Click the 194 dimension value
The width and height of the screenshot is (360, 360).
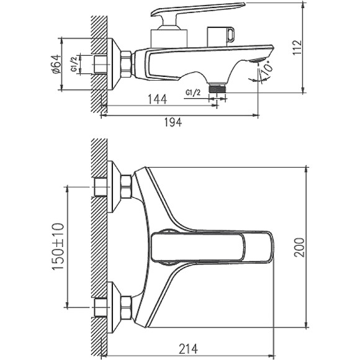(x=173, y=124)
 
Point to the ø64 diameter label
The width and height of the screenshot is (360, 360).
(x=56, y=65)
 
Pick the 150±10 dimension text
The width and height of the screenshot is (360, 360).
(x=56, y=247)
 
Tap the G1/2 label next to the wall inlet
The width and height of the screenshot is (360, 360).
(x=74, y=65)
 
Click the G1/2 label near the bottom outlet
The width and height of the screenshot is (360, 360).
(x=193, y=92)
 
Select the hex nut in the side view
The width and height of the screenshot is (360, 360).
(x=126, y=64)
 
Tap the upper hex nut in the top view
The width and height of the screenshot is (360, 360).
(x=126, y=187)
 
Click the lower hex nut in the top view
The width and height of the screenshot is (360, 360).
(x=126, y=307)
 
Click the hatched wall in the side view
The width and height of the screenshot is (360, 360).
(x=97, y=56)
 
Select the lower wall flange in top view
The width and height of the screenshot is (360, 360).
(x=113, y=307)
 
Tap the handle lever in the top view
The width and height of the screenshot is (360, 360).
(x=211, y=247)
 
